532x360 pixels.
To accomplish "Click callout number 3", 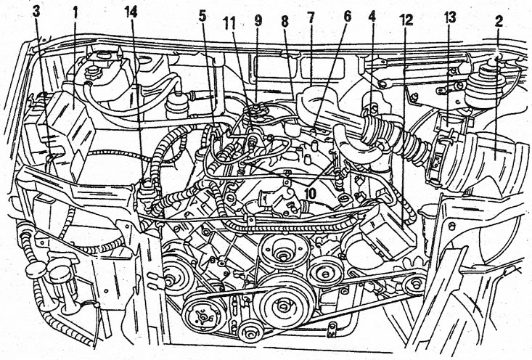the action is pyautogui.click(x=36, y=12).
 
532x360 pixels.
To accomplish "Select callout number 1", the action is pyautogui.click(x=75, y=13).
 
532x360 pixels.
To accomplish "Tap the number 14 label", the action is pyautogui.click(x=131, y=12).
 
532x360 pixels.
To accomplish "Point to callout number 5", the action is pyautogui.click(x=202, y=16).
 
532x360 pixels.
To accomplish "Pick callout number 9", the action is pyautogui.click(x=258, y=20).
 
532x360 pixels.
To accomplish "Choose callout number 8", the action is pyautogui.click(x=285, y=21).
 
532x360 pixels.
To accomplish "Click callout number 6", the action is pyautogui.click(x=346, y=17).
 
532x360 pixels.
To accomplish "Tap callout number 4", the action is pyautogui.click(x=372, y=17).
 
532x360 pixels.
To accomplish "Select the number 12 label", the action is pyautogui.click(x=406, y=20).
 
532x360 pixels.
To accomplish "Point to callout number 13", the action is pyautogui.click(x=449, y=17).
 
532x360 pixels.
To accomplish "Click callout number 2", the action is pyautogui.click(x=499, y=21).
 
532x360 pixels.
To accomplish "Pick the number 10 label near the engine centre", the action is pyautogui.click(x=309, y=193).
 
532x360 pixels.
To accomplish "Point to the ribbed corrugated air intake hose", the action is pyautogui.click(x=396, y=137).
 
